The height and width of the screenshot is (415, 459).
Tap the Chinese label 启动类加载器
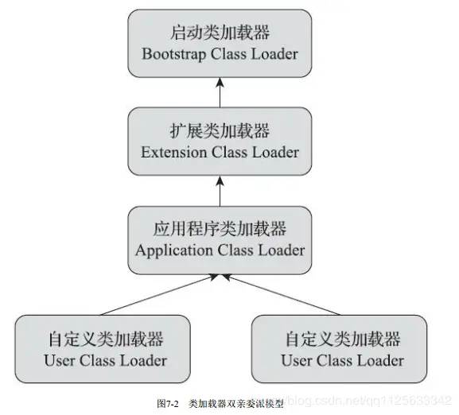[220, 34]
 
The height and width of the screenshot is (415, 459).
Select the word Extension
[173, 151]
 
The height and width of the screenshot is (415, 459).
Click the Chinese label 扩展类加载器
[220, 130]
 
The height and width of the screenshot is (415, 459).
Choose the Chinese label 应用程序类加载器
[220, 229]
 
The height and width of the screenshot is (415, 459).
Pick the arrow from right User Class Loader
[278, 295]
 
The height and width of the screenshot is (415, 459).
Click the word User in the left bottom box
[60, 360]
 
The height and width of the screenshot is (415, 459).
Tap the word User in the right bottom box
[297, 360]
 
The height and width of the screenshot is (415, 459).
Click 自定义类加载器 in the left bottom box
[104, 339]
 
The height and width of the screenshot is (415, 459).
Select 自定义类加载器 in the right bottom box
[341, 339]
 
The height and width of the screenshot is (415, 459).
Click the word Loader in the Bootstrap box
[270, 54]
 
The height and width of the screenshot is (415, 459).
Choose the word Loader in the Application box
[275, 250]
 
